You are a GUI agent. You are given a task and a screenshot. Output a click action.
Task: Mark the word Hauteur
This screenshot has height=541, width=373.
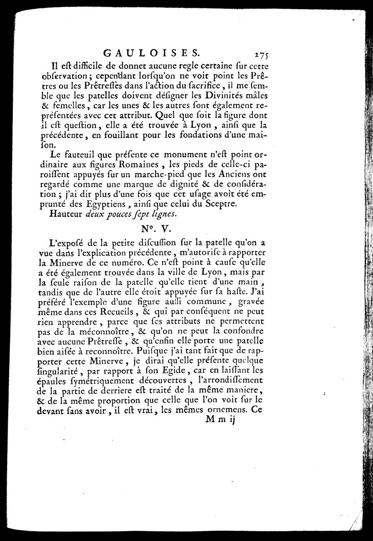coord(65,214)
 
